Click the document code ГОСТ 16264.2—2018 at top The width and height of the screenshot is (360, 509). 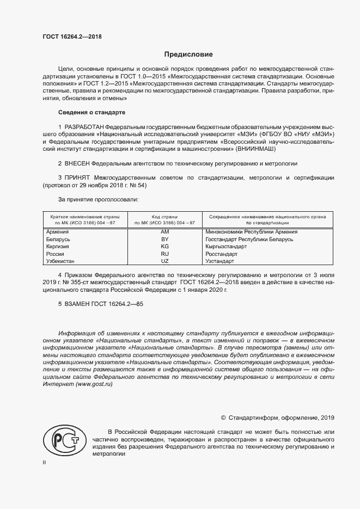[x=72, y=37]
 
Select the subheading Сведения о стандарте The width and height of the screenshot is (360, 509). [x=91, y=112]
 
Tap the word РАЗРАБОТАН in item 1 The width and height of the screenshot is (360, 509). [x=82, y=126]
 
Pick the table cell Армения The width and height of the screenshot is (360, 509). [x=58, y=231]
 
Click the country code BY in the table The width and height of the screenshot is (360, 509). [x=164, y=239]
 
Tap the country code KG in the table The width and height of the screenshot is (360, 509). [x=164, y=246]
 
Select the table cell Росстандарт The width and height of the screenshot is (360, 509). [x=221, y=254]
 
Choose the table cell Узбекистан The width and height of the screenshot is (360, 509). [x=62, y=261]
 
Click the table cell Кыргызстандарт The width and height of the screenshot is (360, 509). [x=225, y=246]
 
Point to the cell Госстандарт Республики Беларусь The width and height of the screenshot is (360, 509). [x=249, y=239]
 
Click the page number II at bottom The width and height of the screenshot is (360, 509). [x=44, y=463]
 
